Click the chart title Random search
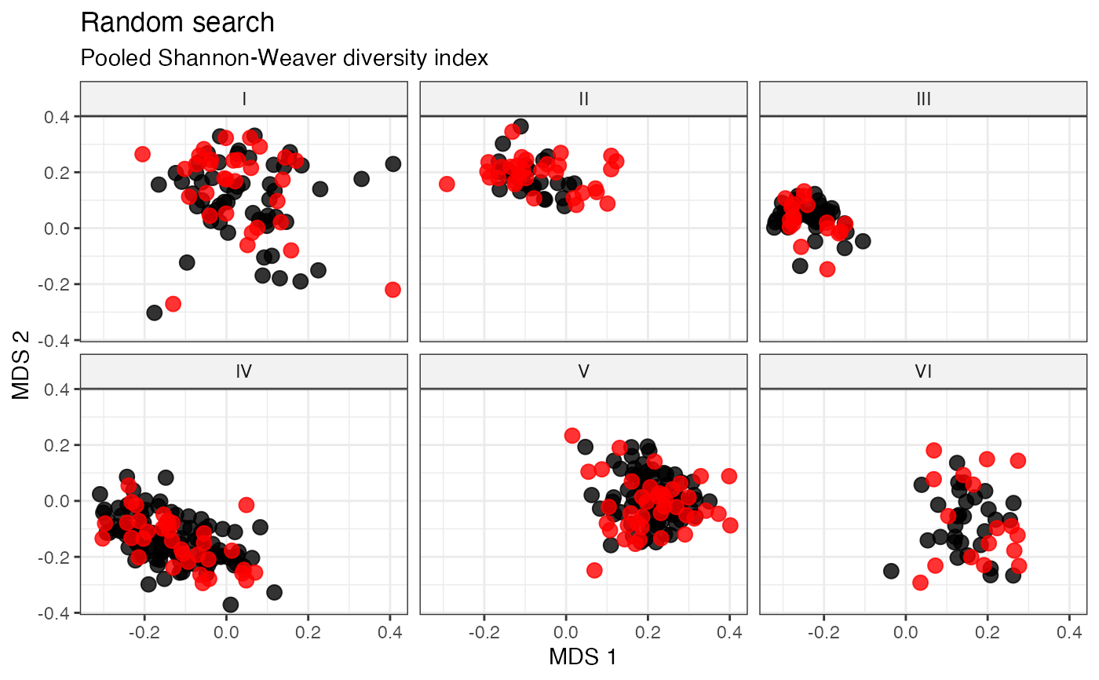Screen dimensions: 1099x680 (177, 23)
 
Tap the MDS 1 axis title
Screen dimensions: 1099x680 (582, 657)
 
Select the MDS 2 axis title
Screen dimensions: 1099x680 (20, 365)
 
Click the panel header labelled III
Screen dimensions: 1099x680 (923, 99)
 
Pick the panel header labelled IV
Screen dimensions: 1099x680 (244, 371)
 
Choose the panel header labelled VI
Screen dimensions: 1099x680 (923, 371)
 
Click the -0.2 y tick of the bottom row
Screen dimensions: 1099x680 (55, 558)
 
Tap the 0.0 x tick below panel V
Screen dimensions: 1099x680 (566, 632)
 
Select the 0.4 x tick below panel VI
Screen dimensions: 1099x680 (1069, 632)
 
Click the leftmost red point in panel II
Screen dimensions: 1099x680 (447, 184)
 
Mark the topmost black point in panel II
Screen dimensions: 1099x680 (520, 126)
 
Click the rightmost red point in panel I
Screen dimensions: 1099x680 (392, 290)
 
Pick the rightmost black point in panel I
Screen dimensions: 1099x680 (393, 164)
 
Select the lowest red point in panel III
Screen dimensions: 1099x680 (827, 269)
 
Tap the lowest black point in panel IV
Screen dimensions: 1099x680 (231, 605)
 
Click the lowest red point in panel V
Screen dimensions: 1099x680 (594, 570)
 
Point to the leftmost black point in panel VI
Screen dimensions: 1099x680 (891, 571)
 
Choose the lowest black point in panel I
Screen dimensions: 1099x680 (154, 313)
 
